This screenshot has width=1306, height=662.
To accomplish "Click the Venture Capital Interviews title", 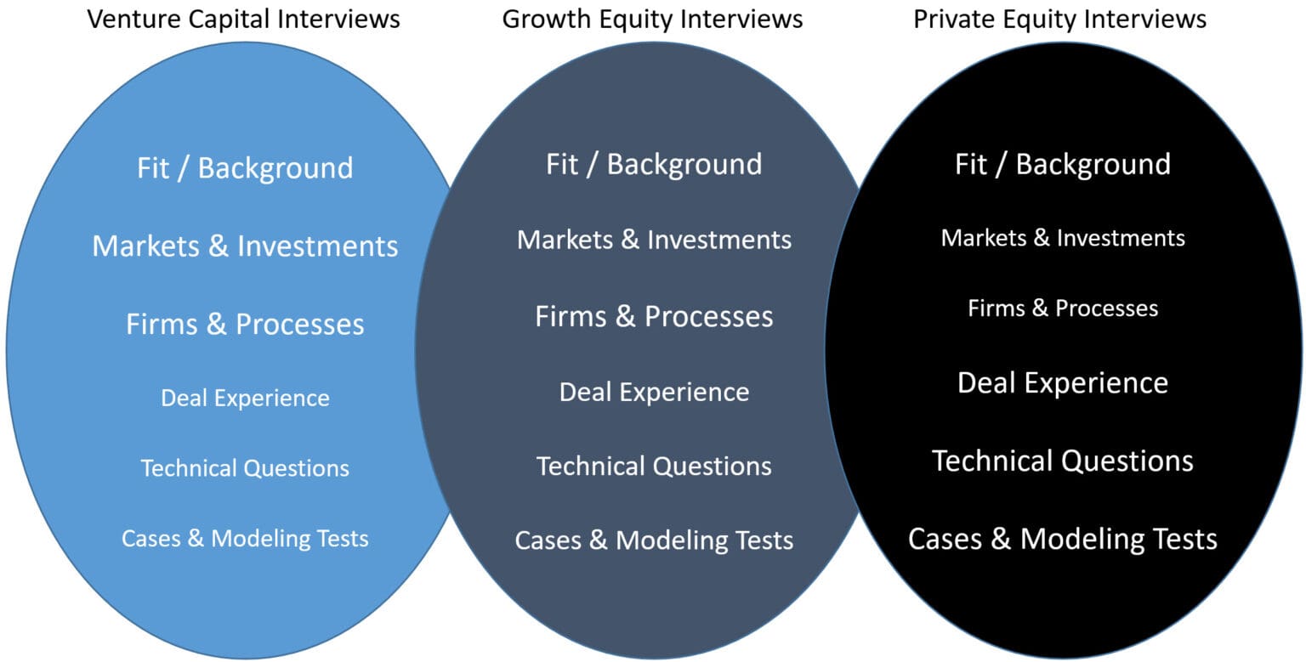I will pos(244,19).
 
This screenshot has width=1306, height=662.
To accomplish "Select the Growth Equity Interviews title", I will pos(652,19).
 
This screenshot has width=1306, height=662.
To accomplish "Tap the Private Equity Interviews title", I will pos(1059,19).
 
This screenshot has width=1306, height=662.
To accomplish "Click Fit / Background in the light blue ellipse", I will pos(245,167).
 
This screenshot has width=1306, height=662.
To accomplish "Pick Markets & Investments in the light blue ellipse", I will pos(245,246).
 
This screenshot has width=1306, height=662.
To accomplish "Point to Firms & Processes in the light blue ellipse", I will pos(245,324).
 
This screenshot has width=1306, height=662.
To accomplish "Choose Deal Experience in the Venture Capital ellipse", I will pos(245,398).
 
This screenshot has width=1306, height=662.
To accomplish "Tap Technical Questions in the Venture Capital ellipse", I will pos(245,468).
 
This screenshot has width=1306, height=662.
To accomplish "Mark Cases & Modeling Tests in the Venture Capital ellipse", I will pos(245,538).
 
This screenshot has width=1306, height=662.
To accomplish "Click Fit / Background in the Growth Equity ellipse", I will pos(654,164).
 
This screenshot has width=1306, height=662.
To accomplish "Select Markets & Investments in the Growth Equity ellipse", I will pos(654,240).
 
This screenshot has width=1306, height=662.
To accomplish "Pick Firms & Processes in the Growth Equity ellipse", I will pos(654,316).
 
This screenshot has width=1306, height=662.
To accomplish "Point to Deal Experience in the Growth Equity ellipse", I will pos(654,392).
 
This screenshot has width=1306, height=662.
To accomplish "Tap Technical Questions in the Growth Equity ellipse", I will pos(654,466).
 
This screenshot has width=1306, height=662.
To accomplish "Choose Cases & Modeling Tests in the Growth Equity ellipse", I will pos(654,540).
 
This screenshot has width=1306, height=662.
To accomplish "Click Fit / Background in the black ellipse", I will pos(1063,164).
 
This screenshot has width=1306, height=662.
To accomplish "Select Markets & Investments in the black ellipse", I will pos(1063,238).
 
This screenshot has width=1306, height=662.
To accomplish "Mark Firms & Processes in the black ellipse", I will pos(1063,308).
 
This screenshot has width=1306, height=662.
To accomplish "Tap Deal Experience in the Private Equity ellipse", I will pos(1063,382).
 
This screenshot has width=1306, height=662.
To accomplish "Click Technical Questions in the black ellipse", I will pos(1063,461).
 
